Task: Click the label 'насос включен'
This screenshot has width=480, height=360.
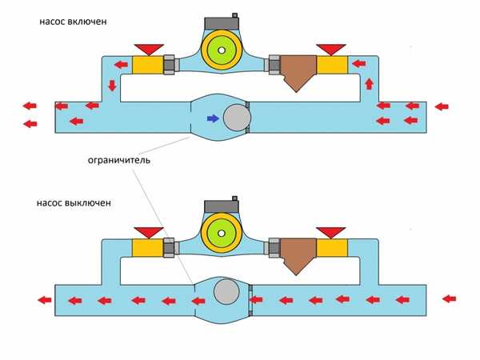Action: [71, 21]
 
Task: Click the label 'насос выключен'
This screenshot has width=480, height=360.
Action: [74, 203]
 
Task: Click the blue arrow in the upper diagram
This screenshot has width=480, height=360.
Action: [212, 118]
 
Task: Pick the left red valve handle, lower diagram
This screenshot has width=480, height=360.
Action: [148, 232]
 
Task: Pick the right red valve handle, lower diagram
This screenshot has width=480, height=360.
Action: [330, 232]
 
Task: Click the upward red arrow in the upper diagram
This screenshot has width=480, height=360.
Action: [369, 83]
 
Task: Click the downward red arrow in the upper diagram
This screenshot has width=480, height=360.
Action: [111, 85]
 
